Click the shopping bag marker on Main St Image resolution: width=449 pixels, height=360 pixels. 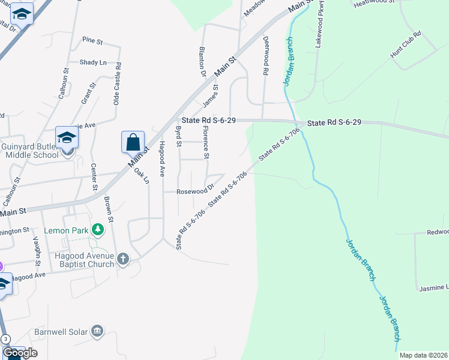point(133,142)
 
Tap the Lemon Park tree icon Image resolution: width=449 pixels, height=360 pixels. point(96,230)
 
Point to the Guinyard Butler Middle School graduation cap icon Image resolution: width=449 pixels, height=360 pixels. point(67,138)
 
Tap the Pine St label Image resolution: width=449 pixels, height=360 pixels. point(93,41)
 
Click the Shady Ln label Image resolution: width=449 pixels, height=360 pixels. point(93,62)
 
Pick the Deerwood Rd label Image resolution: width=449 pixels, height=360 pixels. point(265,55)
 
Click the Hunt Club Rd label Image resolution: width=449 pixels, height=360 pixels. point(406,46)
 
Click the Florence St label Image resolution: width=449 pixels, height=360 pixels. point(206,142)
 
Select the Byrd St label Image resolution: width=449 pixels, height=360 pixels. point(178,136)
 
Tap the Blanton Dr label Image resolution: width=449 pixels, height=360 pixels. point(202,62)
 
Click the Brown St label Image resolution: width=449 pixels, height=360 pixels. point(109,209)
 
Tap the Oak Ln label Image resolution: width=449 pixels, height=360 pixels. point(141,175)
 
